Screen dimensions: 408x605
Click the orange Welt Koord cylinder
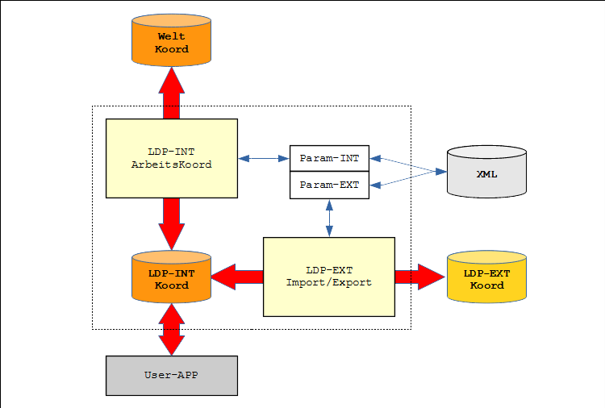(171, 43)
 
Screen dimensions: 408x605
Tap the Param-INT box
(329, 158)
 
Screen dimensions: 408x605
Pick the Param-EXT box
(329, 185)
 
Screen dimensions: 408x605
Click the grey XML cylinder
(486, 173)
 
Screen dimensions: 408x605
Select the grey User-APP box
(171, 375)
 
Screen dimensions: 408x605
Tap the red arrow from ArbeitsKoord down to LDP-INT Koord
(171, 223)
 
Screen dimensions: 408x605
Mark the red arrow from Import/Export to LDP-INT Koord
(237, 277)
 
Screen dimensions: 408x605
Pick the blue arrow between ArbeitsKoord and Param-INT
(264, 158)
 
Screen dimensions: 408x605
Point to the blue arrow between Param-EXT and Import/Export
(329, 218)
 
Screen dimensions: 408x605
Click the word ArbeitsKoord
(171, 164)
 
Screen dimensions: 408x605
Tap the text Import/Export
(329, 282)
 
